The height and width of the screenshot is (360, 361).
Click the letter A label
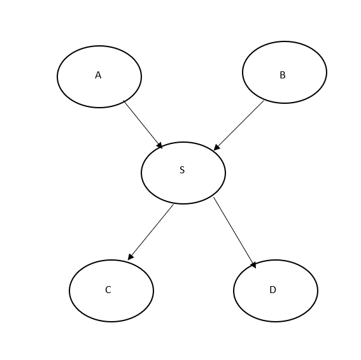[x=98, y=75]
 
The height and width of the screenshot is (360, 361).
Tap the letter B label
[x=283, y=75]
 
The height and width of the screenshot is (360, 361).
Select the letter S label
[x=182, y=170]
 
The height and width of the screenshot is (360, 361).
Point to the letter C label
[x=108, y=290]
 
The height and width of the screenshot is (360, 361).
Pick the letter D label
[x=273, y=290]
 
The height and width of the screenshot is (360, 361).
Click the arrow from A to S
[x=143, y=124]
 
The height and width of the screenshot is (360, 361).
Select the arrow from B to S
[x=239, y=126]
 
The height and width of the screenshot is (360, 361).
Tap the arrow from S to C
[x=150, y=232]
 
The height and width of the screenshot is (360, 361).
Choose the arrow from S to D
[x=234, y=233]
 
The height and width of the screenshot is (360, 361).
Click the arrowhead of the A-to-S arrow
[x=160, y=146]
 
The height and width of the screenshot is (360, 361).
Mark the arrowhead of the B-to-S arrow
[x=216, y=147]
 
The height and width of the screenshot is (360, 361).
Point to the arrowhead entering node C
[x=130, y=257]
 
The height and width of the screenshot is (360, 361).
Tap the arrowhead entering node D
[x=253, y=265]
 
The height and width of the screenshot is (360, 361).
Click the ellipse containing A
[x=57, y=76]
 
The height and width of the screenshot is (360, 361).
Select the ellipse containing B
[x=243, y=72]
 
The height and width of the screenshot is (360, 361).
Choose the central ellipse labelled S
[x=141, y=173]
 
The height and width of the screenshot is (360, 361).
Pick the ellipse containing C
[x=69, y=291]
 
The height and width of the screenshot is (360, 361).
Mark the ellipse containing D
[x=234, y=291]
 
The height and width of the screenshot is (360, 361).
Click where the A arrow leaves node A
[x=124, y=101]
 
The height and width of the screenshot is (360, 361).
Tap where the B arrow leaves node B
[x=264, y=101]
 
